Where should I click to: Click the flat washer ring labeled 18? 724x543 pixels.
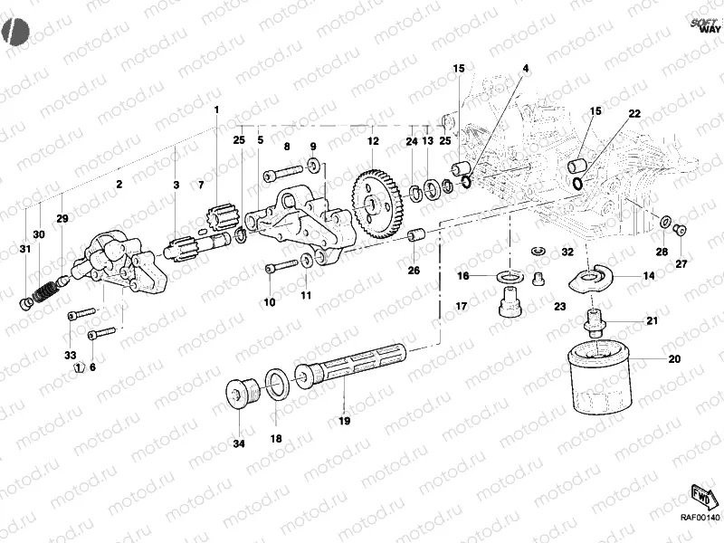tap(278, 384)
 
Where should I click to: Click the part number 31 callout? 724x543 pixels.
tap(25, 251)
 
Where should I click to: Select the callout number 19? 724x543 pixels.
tap(344, 421)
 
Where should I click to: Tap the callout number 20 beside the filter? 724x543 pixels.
tap(673, 358)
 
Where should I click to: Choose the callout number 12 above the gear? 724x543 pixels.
tap(372, 141)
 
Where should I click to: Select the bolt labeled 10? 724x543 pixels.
tap(281, 266)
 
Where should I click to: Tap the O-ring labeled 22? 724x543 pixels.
tap(577, 184)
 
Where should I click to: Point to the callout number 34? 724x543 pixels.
tap(238, 443)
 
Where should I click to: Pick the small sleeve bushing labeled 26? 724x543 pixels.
tap(417, 236)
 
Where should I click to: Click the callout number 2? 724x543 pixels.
tap(119, 185)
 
